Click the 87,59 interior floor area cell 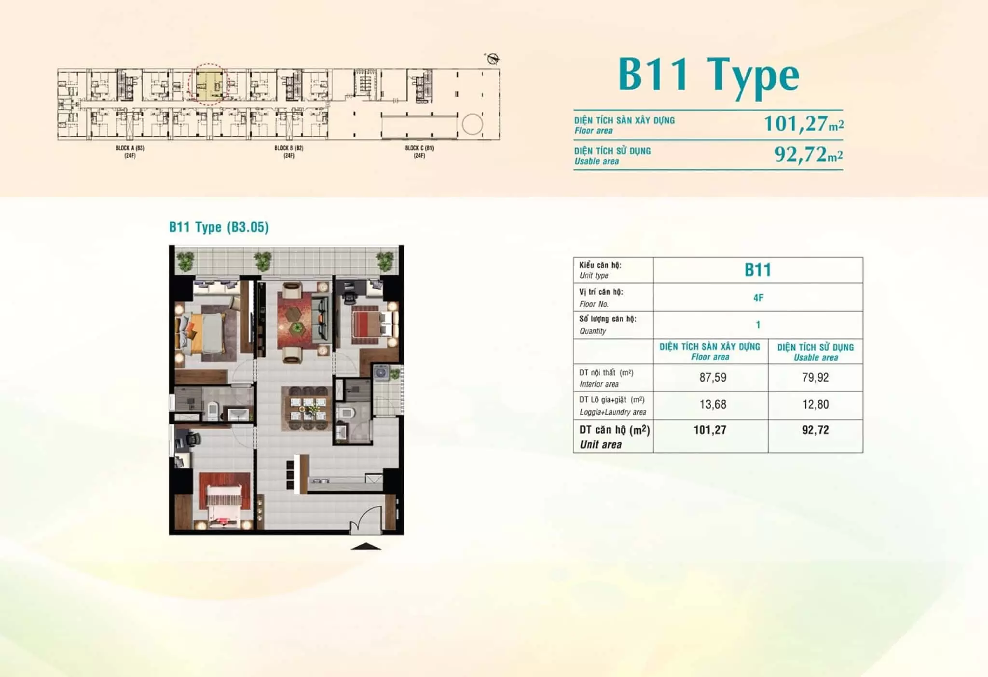pyautogui.click(x=713, y=378)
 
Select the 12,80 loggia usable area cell pyautogui.click(x=815, y=405)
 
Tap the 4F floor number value pyautogui.click(x=758, y=298)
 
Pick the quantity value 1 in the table pyautogui.click(x=758, y=325)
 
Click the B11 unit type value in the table pyautogui.click(x=758, y=270)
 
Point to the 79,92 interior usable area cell pyautogui.click(x=815, y=378)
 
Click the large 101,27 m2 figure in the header pyautogui.click(x=804, y=123)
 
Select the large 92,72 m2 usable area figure pyautogui.click(x=809, y=154)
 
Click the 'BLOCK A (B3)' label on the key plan pyautogui.click(x=130, y=148)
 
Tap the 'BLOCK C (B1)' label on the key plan pyautogui.click(x=419, y=148)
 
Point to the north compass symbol pyautogui.click(x=493, y=59)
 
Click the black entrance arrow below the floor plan pyautogui.click(x=366, y=546)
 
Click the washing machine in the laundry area pyautogui.click(x=382, y=373)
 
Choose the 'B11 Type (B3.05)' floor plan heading pyautogui.click(x=219, y=227)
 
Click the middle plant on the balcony pyautogui.click(x=262, y=261)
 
